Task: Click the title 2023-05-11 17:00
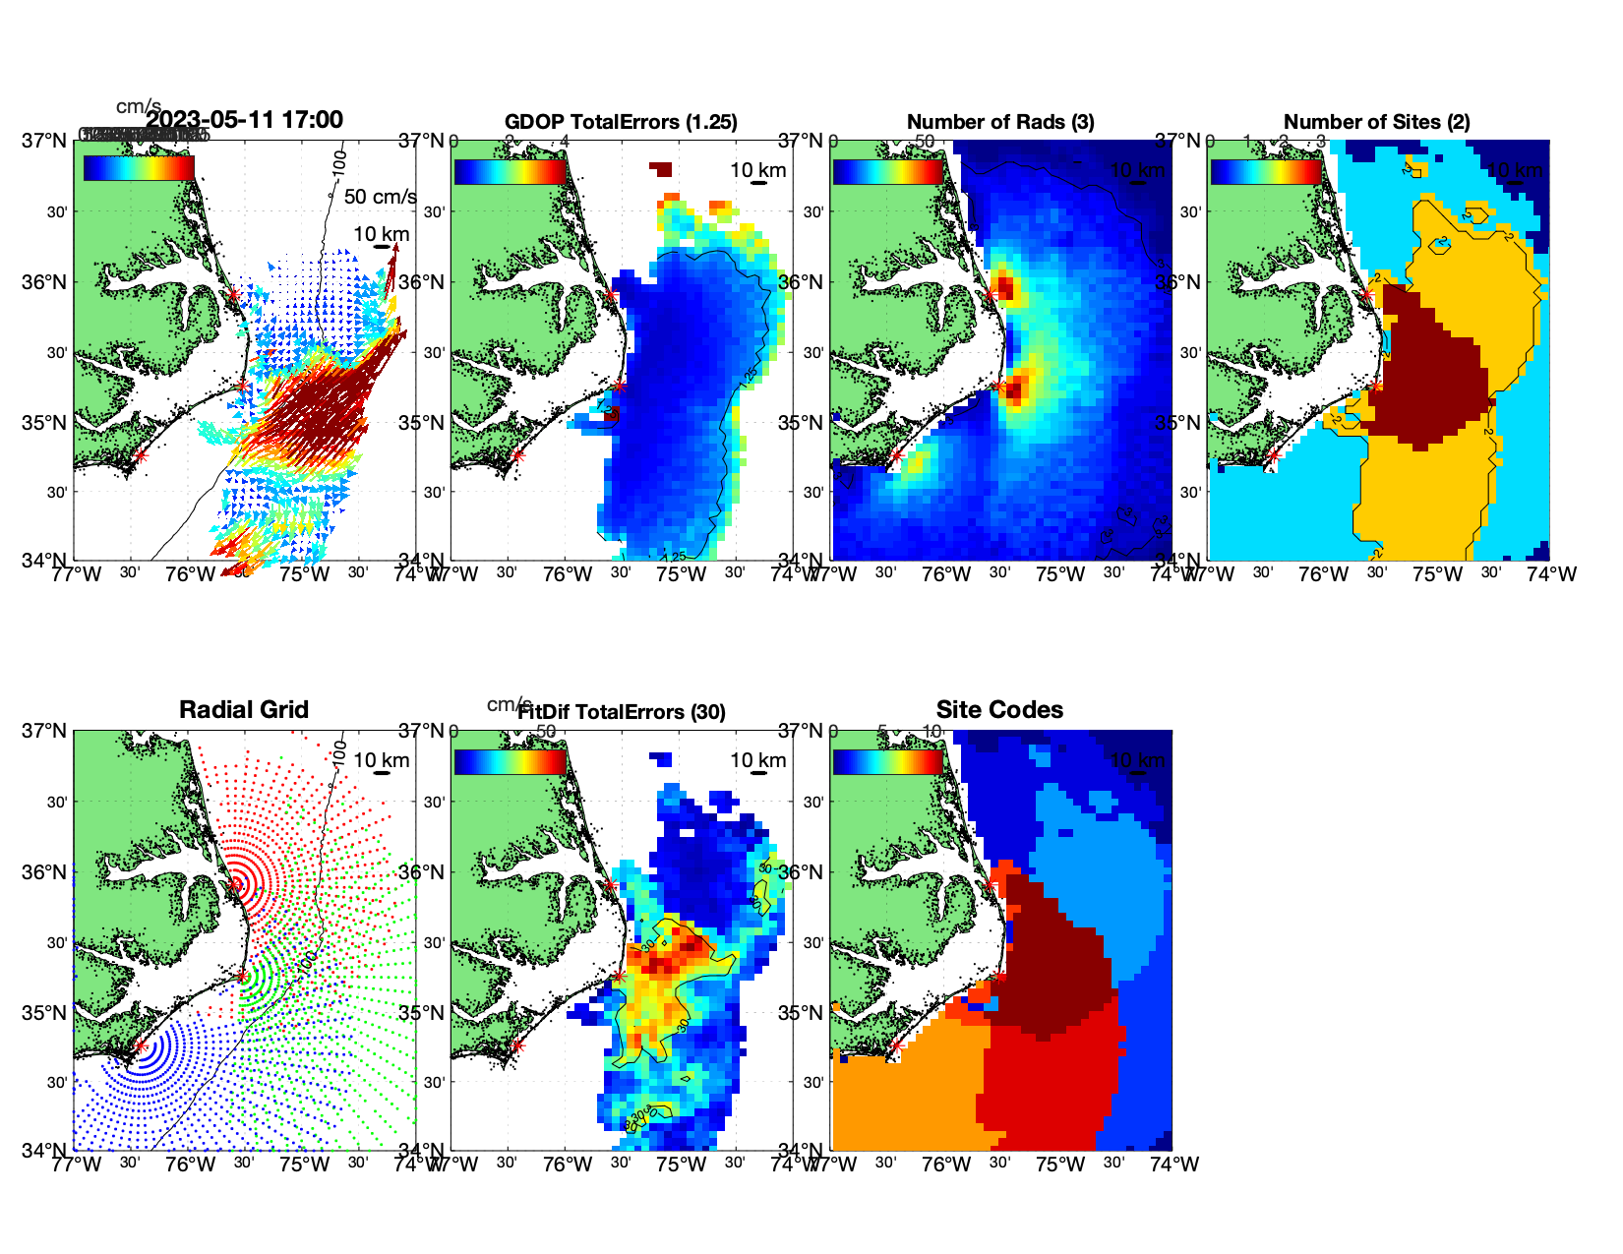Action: (x=244, y=120)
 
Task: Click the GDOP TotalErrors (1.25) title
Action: (x=621, y=122)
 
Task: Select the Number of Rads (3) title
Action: (x=999, y=122)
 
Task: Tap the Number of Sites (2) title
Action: (x=1376, y=122)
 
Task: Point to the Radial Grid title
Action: (x=244, y=710)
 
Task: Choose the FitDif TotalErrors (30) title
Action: (x=621, y=712)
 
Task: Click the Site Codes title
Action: (x=999, y=710)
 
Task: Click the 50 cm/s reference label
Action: (x=380, y=197)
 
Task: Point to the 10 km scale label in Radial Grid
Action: (x=382, y=760)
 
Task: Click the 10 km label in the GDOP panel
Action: (x=758, y=170)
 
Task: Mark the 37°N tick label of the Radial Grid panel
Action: (x=45, y=731)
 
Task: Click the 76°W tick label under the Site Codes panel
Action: (x=946, y=1164)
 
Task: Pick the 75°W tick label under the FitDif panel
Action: (x=682, y=1164)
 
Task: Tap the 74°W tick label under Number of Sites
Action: (x=1551, y=574)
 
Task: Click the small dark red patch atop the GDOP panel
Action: (x=662, y=169)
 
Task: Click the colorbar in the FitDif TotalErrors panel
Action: (x=510, y=761)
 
